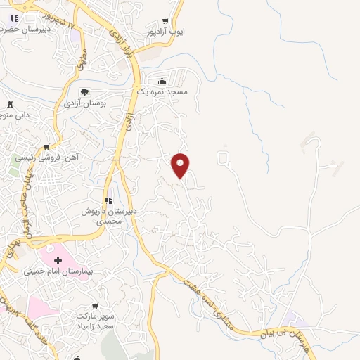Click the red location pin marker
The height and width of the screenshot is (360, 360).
click(x=181, y=165)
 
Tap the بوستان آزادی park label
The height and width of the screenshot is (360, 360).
click(x=84, y=103)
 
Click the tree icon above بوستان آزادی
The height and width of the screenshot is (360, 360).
click(x=84, y=92)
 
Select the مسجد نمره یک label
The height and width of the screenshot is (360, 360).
click(x=162, y=92)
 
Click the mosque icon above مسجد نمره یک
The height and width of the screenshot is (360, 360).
click(x=162, y=81)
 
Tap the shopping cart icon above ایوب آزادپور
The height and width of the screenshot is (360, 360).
click(x=165, y=21)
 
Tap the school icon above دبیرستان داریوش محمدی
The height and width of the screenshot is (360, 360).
click(x=108, y=200)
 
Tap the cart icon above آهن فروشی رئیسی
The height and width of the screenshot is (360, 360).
click(x=46, y=147)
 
